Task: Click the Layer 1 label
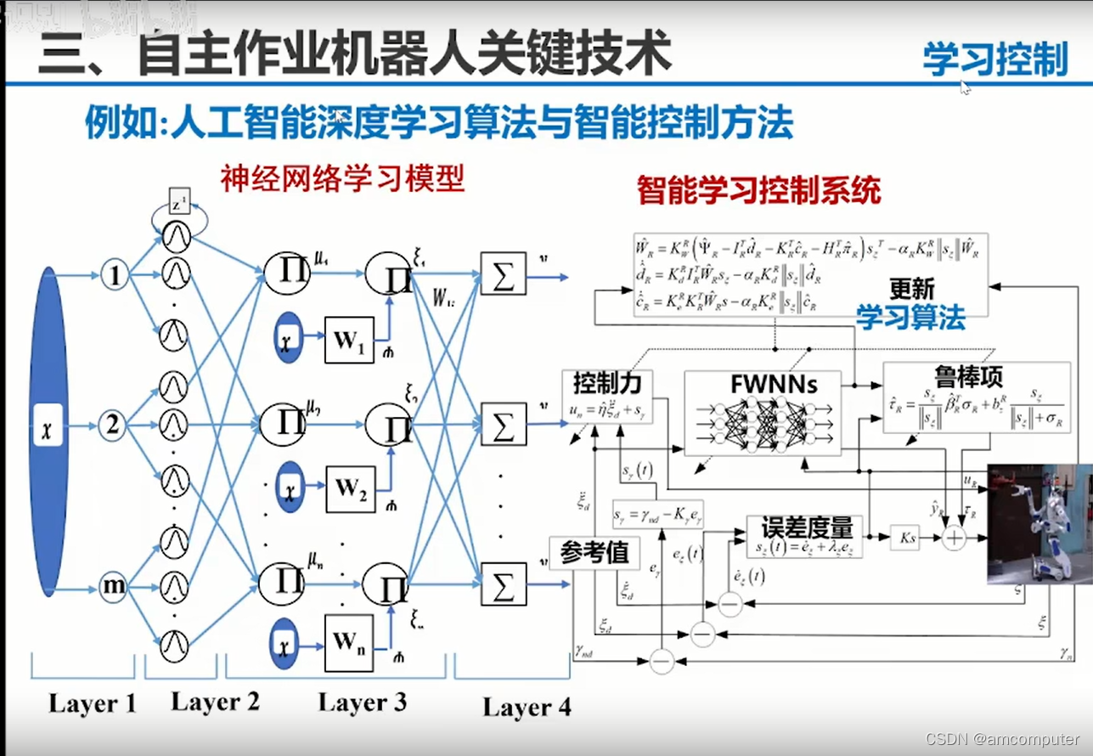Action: (x=92, y=704)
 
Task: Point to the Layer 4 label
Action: (x=527, y=707)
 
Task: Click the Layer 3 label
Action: (x=363, y=702)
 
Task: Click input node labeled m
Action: (x=112, y=586)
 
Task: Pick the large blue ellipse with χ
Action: (x=48, y=430)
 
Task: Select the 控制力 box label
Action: (x=600, y=382)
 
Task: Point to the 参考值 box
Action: (x=594, y=553)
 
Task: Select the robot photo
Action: (x=1039, y=523)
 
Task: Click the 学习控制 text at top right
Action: (x=994, y=59)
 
